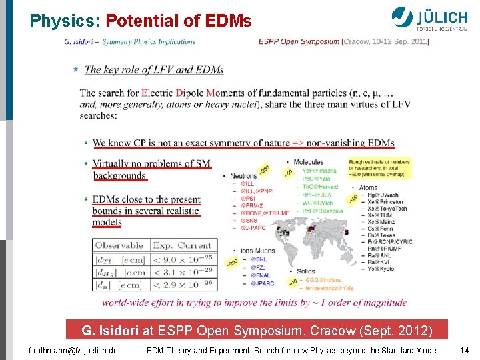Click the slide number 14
click(x=464, y=350)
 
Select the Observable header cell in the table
click(x=119, y=245)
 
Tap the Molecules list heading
click(x=309, y=162)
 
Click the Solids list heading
click(x=305, y=271)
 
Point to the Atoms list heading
click(x=368, y=187)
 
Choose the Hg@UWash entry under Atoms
click(x=383, y=195)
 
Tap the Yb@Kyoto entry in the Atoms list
click(x=383, y=269)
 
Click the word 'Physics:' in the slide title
click(x=65, y=21)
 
